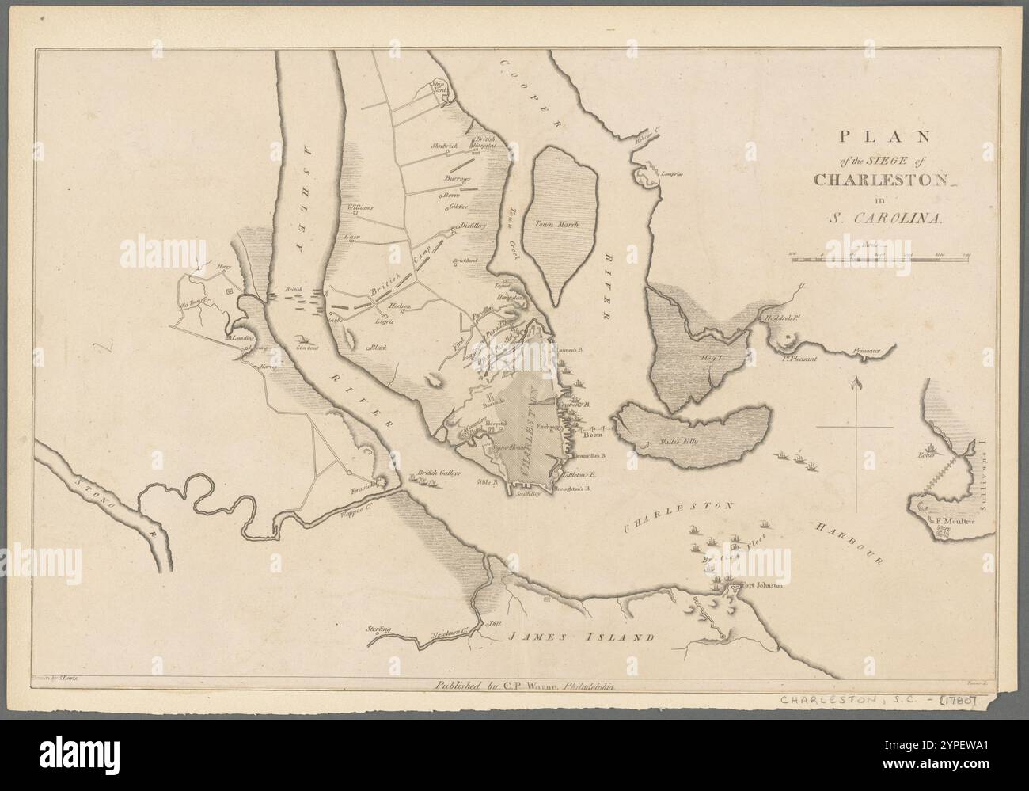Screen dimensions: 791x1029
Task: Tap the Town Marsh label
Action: click(x=556, y=224)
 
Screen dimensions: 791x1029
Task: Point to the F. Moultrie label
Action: click(x=955, y=521)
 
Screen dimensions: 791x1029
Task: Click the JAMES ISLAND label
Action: click(x=581, y=637)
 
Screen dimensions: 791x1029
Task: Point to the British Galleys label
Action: click(x=439, y=472)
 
